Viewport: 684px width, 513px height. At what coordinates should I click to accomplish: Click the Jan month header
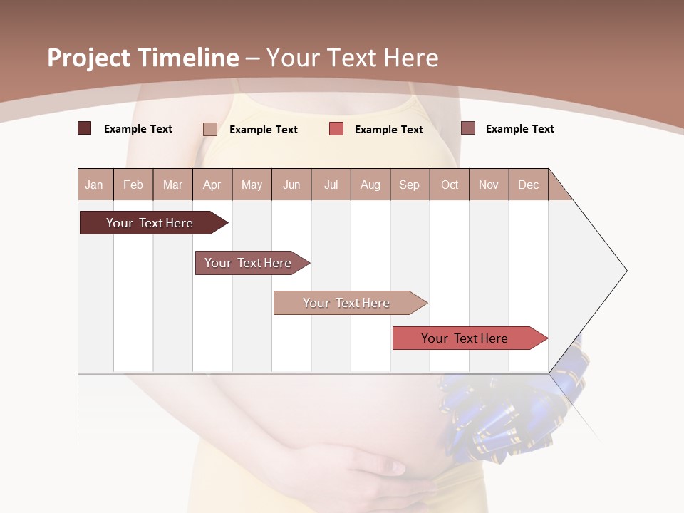(95, 185)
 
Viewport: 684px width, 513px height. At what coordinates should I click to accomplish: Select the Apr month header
(212, 185)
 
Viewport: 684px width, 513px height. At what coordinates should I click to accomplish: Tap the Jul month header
(331, 185)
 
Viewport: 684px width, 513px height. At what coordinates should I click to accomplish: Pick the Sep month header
(409, 185)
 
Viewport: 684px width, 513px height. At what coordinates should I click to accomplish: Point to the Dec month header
(528, 185)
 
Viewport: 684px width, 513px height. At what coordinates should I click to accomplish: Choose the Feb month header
(133, 185)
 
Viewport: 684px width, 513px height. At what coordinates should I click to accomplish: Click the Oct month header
(450, 185)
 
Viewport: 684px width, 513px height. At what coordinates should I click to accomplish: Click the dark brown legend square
(84, 128)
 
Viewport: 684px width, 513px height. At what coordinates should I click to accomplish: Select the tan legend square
(209, 129)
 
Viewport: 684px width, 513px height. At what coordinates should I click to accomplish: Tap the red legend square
(336, 129)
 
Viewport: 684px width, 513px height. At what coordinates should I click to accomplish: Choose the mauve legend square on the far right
(468, 128)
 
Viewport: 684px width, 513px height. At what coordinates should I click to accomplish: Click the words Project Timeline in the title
(142, 58)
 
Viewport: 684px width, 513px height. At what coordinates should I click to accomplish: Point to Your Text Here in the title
(353, 58)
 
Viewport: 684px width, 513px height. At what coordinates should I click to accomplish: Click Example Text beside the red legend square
(388, 130)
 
